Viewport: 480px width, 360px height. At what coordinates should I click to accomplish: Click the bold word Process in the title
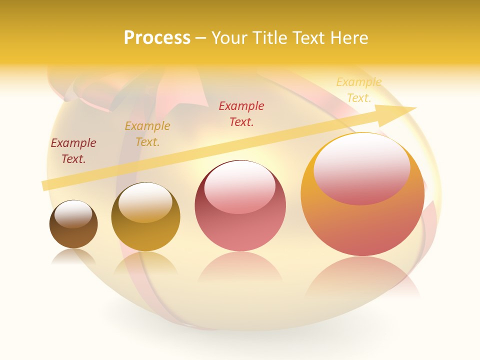pyautogui.click(x=157, y=38)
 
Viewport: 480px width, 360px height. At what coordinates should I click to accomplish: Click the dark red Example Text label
pyautogui.click(x=73, y=151)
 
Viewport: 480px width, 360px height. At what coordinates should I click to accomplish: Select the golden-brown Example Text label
pyautogui.click(x=147, y=134)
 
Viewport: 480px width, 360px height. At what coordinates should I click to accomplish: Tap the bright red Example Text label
pyautogui.click(x=241, y=113)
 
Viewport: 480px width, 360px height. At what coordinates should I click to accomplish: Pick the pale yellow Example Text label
pyautogui.click(x=358, y=90)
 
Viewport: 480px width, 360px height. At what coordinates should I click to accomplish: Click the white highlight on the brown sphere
pyautogui.click(x=73, y=214)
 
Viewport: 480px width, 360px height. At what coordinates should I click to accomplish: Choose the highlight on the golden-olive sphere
pyautogui.click(x=145, y=202)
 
